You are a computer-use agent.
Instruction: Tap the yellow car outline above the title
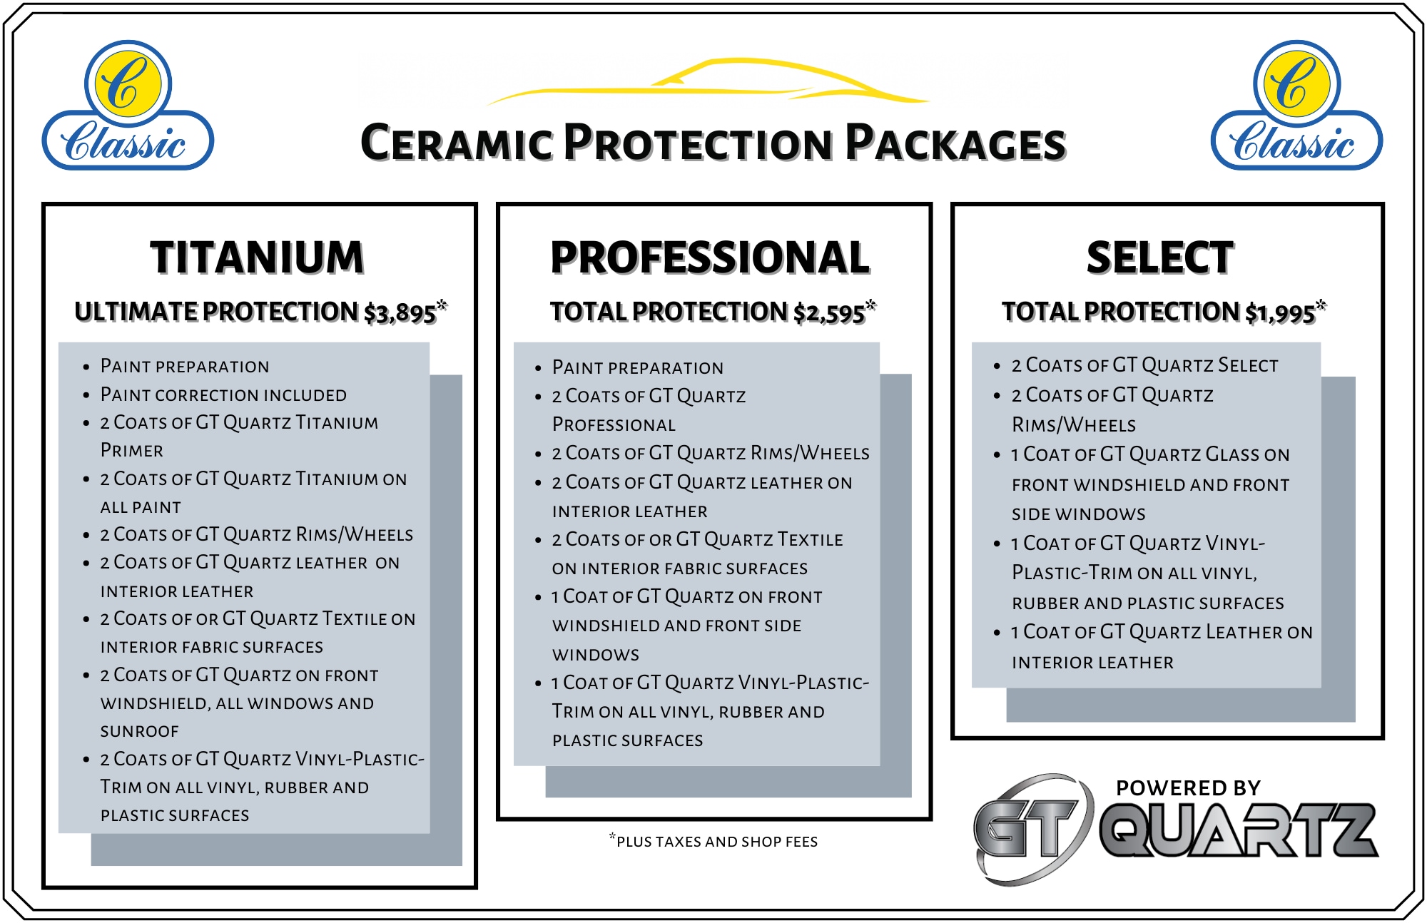[x=708, y=82]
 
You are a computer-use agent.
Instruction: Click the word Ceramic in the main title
[x=457, y=143]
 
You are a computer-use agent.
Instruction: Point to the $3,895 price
[x=400, y=312]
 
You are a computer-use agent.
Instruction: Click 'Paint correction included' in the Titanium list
[x=223, y=394]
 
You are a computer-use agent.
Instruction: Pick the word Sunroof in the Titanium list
[x=140, y=731]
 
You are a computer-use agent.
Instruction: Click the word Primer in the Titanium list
[x=132, y=450]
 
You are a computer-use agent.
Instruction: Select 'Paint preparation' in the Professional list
[x=638, y=367]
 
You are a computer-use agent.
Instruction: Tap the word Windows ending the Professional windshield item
[x=596, y=654]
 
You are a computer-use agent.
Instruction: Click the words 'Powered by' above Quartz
[x=1189, y=788]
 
